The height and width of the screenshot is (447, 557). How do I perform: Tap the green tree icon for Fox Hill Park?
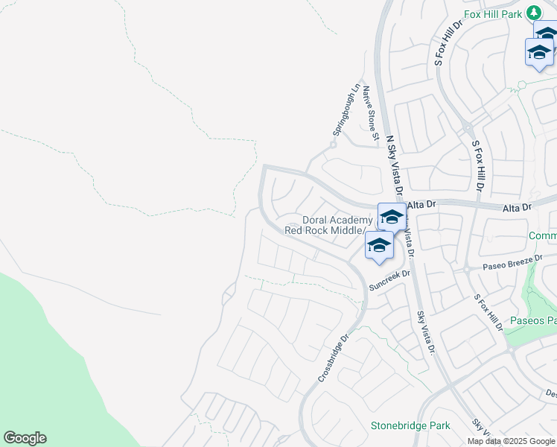[x=533, y=13]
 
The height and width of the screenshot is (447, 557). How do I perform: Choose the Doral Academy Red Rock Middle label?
[x=327, y=225]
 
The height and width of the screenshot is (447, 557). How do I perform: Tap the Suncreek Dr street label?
[x=390, y=279]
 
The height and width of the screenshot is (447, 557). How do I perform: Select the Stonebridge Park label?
[x=410, y=426]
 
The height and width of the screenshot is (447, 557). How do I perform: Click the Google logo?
[x=25, y=438]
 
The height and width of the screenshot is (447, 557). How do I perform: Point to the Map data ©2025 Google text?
[x=511, y=441]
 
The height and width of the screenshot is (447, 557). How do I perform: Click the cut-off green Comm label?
[x=542, y=236]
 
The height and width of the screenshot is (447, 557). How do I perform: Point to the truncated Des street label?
[x=550, y=393]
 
